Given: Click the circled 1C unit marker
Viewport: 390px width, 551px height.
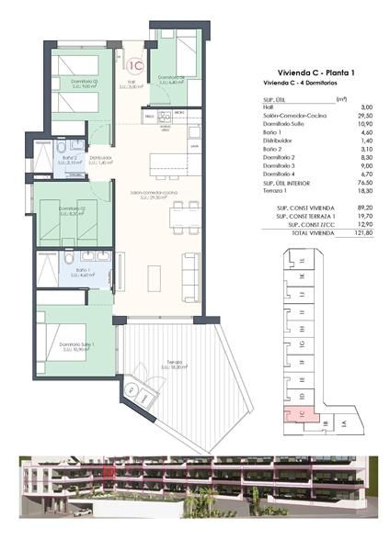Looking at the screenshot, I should tap(134, 64).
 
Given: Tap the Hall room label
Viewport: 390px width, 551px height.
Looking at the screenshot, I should tap(132, 85).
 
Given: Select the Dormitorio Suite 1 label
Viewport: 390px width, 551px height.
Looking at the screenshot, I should tap(77, 345).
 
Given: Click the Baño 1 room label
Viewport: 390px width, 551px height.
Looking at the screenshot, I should tap(83, 271).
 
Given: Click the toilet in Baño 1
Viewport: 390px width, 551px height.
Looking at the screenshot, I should tap(46, 275).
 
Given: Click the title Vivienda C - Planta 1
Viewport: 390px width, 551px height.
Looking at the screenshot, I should tap(316, 73).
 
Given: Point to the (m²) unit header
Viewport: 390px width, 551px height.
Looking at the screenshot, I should tap(341, 99).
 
